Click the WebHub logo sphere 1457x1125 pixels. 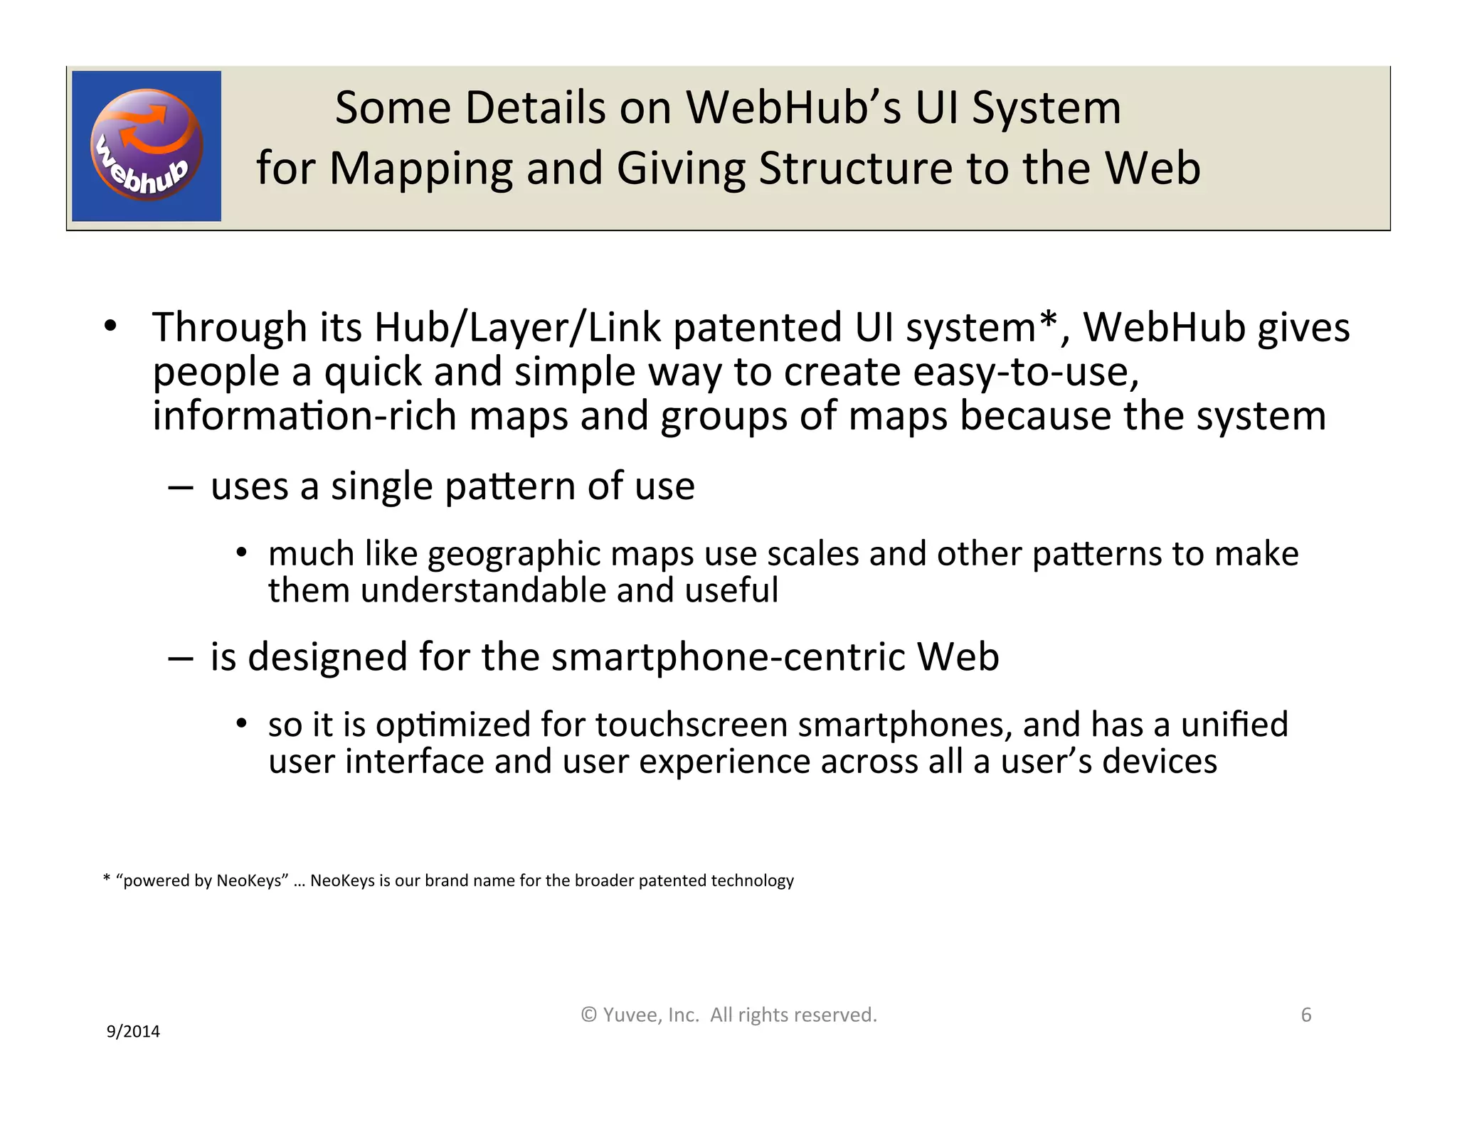(x=147, y=145)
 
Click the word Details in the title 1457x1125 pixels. (x=534, y=108)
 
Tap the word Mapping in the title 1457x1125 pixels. (x=421, y=169)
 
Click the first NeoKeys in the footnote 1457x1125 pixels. (x=250, y=880)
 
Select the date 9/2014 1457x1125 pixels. (x=133, y=1031)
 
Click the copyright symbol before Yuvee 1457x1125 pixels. (x=588, y=1015)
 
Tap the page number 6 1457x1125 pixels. (x=1305, y=1015)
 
